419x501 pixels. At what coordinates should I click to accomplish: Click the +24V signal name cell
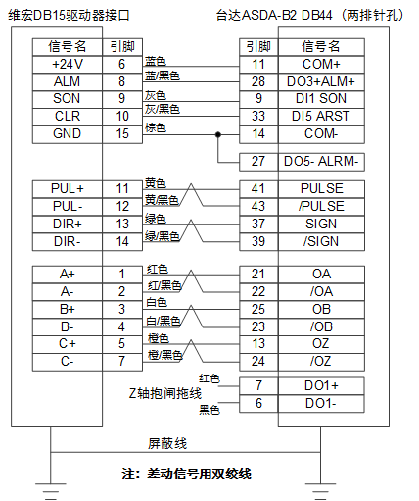(x=68, y=64)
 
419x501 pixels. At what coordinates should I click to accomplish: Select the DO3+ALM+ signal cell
(x=321, y=81)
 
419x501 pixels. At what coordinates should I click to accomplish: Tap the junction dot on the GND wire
(x=218, y=134)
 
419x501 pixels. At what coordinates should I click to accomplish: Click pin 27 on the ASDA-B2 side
(x=258, y=162)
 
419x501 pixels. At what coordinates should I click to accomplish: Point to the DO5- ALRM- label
(x=321, y=162)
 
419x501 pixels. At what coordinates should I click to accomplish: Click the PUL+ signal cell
(x=68, y=189)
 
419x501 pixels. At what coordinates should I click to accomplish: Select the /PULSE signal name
(x=321, y=206)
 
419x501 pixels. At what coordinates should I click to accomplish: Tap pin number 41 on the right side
(x=258, y=189)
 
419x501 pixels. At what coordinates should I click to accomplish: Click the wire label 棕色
(x=156, y=127)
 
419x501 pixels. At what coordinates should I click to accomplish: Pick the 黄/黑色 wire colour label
(x=162, y=200)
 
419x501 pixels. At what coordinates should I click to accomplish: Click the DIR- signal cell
(x=68, y=242)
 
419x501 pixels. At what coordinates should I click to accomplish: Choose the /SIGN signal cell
(x=321, y=242)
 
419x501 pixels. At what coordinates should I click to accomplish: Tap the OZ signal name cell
(x=321, y=344)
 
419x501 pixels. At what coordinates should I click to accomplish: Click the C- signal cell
(x=68, y=362)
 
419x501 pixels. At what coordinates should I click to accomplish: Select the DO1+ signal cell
(x=321, y=386)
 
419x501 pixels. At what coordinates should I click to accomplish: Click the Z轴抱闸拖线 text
(x=165, y=393)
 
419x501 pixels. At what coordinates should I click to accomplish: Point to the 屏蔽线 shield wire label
(x=167, y=444)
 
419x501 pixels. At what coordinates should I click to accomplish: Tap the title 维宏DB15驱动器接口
(x=69, y=15)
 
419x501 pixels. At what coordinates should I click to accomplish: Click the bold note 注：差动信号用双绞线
(x=186, y=474)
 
